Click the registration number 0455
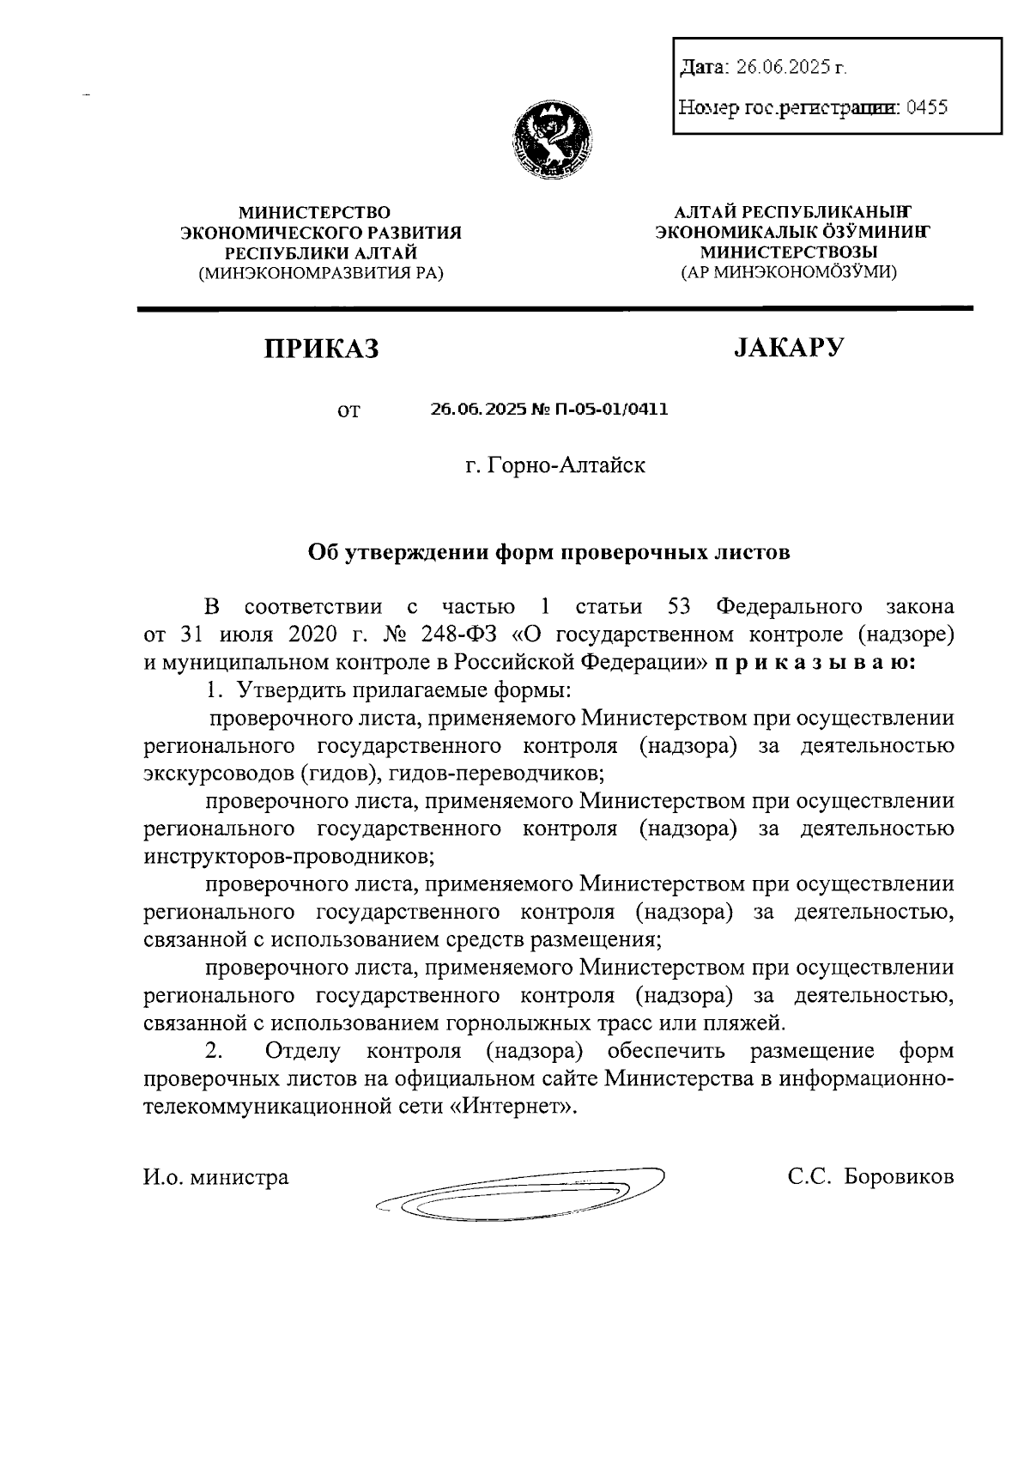click(926, 108)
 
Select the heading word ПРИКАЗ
click(321, 349)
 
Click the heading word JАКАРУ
click(788, 347)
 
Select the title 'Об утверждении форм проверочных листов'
click(549, 552)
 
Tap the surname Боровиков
click(898, 1177)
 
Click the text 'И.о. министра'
click(215, 1177)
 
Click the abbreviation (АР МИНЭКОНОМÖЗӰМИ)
click(789, 272)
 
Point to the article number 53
click(680, 607)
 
